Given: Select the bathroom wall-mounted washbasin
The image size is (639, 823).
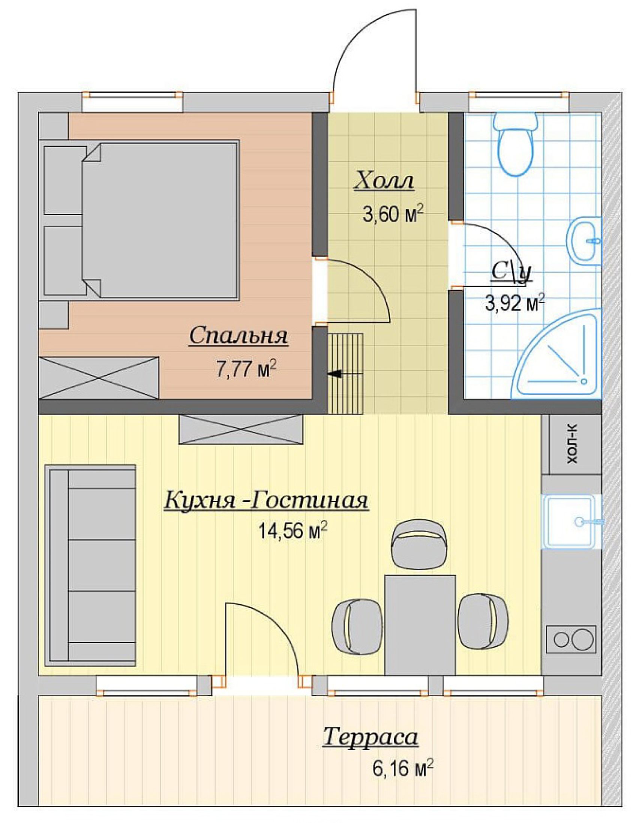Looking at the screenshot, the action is tap(584, 240).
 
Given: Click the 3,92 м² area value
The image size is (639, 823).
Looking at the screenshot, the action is tap(514, 303).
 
